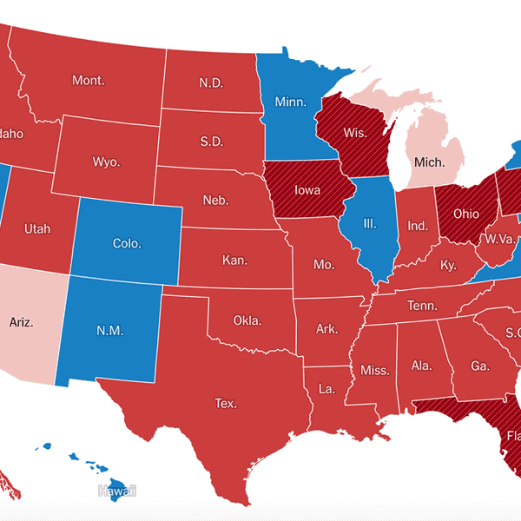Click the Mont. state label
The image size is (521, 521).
coord(89,81)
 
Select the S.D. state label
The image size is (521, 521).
coord(210,140)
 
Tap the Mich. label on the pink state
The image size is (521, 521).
coord(428,162)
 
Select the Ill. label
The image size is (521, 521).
coord(369,223)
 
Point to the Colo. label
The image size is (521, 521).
coord(127,243)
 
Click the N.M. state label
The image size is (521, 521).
coord(109,330)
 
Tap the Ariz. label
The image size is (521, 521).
coord(21,322)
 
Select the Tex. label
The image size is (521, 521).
coord(226,403)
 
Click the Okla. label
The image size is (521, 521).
coord(247,320)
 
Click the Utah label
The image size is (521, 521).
coord(37,229)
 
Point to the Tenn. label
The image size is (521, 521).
coord(423,305)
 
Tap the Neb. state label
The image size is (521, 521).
coord(215,201)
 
